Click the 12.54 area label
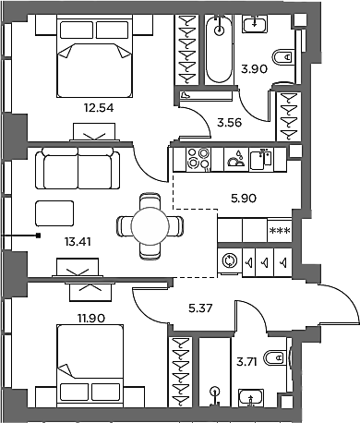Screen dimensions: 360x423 (x=99, y=108)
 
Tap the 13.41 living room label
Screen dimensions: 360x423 (x=78, y=242)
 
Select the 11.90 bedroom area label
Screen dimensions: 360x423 (x=91, y=318)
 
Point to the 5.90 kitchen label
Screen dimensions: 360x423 (x=244, y=199)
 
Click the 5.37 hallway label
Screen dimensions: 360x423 (x=200, y=308)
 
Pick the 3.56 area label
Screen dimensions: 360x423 (x=230, y=123)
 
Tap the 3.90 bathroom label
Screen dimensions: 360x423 (x=254, y=69)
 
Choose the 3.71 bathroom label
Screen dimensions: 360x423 (x=246, y=362)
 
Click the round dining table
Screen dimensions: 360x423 (x=150, y=226)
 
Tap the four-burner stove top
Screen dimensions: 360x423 (x=198, y=159)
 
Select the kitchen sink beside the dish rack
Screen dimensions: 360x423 (x=261, y=160)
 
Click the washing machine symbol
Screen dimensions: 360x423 (x=230, y=261)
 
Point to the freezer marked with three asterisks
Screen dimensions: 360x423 (x=280, y=230)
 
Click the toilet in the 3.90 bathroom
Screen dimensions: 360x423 (x=282, y=57)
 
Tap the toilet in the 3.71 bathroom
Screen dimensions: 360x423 (x=276, y=358)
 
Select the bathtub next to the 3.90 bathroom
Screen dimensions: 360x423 (x=219, y=49)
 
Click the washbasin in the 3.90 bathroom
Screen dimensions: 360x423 (x=255, y=24)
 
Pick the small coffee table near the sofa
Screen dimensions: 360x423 (x=54, y=213)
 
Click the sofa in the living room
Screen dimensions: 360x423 (x=78, y=168)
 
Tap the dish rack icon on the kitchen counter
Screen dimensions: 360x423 (x=236, y=160)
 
